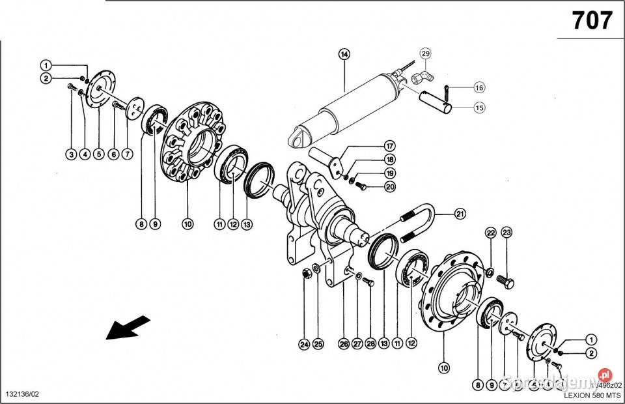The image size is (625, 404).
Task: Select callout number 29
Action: tap(425, 53)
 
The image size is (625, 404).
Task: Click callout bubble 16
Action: tap(479, 87)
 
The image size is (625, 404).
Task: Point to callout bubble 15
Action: tap(479, 108)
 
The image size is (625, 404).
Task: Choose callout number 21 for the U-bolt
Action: tap(460, 213)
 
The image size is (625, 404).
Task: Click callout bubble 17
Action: tap(389, 145)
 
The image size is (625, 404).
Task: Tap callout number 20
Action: tap(389, 186)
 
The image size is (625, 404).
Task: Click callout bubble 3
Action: tap(70, 154)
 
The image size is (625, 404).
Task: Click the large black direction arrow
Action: tap(128, 328)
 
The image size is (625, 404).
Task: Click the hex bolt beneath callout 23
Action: tap(506, 281)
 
